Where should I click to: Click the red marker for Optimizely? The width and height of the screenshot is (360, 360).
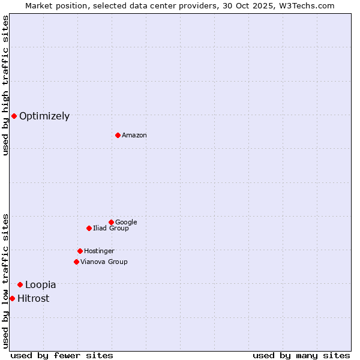click(14, 116)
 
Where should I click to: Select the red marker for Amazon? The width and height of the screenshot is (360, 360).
click(118, 135)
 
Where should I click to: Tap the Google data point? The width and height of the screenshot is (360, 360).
click(111, 222)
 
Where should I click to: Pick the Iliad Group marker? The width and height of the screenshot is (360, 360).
click(89, 228)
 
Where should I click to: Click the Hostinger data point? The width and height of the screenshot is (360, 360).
click(80, 251)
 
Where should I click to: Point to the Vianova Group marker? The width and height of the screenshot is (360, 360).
click(76, 262)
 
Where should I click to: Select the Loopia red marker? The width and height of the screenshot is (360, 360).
click(20, 284)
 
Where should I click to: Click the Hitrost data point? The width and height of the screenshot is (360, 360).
click(12, 298)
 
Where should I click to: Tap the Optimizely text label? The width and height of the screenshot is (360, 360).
click(44, 116)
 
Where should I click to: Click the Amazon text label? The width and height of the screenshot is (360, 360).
click(134, 136)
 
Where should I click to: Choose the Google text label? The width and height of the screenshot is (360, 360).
click(126, 223)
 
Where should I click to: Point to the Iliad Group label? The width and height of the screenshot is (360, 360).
click(111, 229)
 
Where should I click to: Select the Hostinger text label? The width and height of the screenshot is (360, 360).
click(99, 251)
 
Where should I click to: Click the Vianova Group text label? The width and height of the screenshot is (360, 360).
click(104, 262)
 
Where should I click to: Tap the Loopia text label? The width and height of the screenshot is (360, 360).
click(40, 285)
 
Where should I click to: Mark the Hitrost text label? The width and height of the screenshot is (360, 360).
click(33, 299)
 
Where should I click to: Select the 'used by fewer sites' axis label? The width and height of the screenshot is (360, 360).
click(62, 355)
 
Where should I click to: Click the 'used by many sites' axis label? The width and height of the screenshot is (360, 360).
click(301, 355)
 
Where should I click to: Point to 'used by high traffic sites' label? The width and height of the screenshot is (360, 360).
click(5, 85)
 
